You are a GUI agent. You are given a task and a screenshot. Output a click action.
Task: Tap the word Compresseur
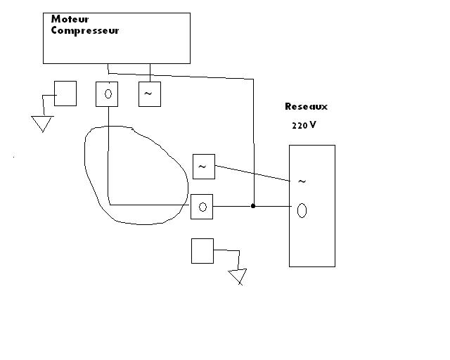pos(84,30)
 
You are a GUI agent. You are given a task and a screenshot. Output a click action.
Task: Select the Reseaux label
pos(306,107)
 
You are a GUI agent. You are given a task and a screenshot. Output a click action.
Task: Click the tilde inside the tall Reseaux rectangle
pos(302,181)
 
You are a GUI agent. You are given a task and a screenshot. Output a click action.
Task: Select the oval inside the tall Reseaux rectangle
pos(302,210)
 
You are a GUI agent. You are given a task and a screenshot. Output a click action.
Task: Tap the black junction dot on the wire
pos(253,206)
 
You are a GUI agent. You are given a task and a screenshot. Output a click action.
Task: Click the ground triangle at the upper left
pos(43,124)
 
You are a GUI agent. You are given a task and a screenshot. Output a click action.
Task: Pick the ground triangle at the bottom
pos(238,276)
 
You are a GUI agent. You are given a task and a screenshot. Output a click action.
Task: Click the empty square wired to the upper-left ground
pos(65,94)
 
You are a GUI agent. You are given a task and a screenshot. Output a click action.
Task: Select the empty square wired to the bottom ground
pos(202,250)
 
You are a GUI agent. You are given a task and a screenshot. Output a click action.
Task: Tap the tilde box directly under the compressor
pos(149,94)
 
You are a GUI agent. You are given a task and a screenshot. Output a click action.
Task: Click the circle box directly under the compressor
pos(107,94)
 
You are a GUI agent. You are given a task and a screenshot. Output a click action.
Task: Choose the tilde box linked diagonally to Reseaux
pos(203,166)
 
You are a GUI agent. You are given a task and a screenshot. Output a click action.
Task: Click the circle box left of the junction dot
pos(202,207)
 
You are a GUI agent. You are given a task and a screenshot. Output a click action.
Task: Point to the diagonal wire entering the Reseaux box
pos(253,174)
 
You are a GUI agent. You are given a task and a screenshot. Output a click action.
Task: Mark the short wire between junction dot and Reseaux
pos(272,206)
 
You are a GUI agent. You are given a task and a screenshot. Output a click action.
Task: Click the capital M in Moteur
pos(55,20)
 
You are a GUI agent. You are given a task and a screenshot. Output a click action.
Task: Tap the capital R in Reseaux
pos(288,107)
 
